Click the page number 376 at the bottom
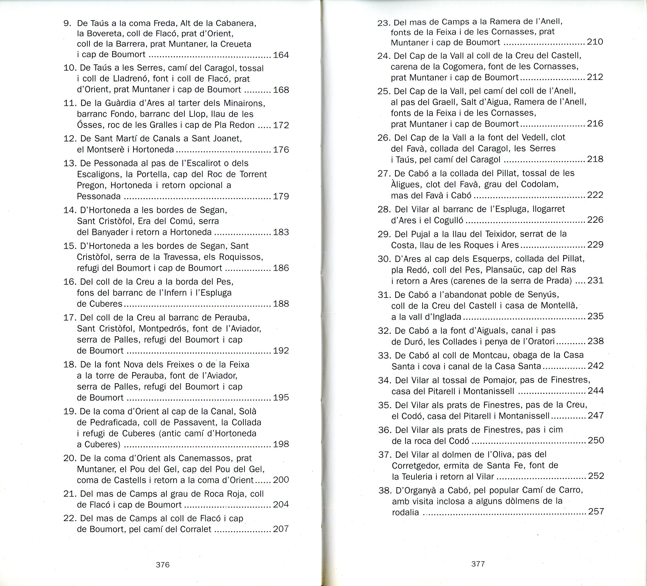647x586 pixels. point(162,565)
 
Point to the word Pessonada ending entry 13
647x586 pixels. point(99,196)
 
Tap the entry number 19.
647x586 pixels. point(70,411)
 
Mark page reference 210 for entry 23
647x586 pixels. point(595,42)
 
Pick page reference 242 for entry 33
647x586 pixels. point(596,366)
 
